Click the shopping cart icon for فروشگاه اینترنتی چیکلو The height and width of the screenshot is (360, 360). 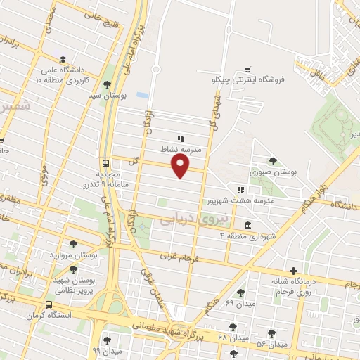click(247, 69)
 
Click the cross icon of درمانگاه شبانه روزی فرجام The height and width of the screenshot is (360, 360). click(293, 271)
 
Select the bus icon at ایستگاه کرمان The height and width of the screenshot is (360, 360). click(49, 304)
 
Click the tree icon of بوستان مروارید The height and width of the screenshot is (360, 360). click(73, 244)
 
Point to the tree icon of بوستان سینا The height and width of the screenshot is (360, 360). click(107, 84)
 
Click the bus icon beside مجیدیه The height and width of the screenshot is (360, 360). click(105, 162)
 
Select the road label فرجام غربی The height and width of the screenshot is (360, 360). click(177, 257)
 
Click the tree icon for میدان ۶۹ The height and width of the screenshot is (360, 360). click(240, 292)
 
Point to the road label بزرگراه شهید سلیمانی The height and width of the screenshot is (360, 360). click(169, 328)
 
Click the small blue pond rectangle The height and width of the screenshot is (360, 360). click(143, 94)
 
